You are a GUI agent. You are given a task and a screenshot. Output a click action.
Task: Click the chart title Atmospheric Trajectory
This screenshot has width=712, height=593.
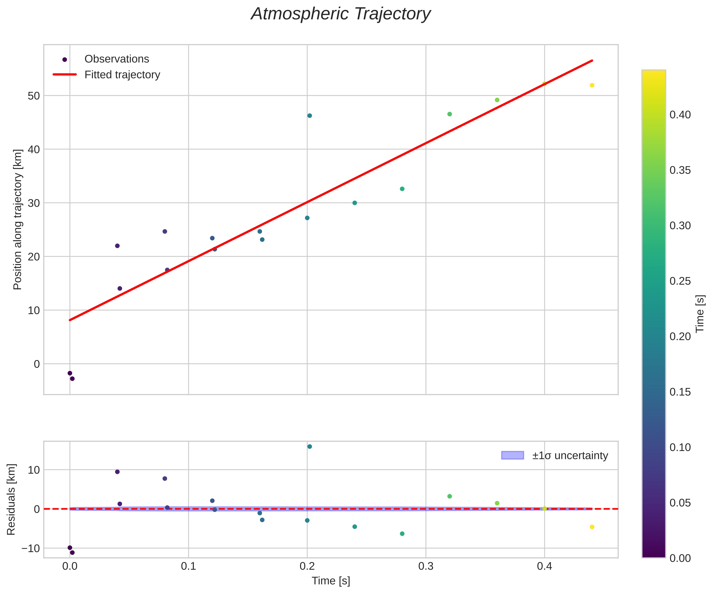(x=340, y=14)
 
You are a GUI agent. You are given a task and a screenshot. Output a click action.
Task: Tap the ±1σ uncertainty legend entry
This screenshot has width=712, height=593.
(x=570, y=455)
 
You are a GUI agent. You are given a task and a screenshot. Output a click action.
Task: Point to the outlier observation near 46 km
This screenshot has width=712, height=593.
(x=310, y=116)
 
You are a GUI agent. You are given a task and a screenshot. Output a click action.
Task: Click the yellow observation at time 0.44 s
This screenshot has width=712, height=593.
(x=592, y=85)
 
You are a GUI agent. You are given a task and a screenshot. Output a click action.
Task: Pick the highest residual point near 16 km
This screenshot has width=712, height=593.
(x=310, y=446)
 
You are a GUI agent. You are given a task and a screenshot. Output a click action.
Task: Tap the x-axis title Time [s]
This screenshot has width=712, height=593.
(x=331, y=581)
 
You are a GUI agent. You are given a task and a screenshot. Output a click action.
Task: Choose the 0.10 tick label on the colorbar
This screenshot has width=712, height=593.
(x=680, y=447)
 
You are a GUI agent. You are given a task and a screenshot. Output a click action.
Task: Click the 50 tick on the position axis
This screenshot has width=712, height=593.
(x=34, y=96)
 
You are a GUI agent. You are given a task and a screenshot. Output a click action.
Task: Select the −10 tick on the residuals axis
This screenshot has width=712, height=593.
(x=31, y=548)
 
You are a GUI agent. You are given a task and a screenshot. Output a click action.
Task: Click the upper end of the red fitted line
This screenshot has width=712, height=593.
(x=592, y=60)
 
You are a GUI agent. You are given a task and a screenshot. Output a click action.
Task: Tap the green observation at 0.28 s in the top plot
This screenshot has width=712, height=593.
(x=402, y=189)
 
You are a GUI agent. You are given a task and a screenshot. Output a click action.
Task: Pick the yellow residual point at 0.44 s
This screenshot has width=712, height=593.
(x=592, y=527)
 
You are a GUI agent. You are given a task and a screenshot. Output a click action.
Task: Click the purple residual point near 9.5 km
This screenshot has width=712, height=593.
(x=117, y=472)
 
